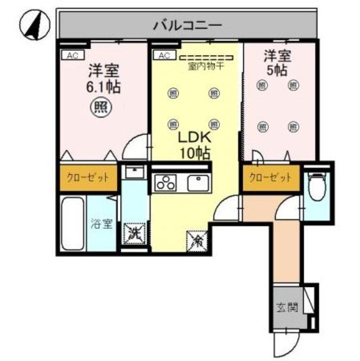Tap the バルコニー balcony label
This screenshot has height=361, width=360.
(x=187, y=25)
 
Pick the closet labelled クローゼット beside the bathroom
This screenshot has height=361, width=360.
(x=88, y=177)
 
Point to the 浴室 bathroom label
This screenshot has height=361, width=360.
(x=102, y=224)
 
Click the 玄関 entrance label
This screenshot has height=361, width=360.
(x=287, y=309)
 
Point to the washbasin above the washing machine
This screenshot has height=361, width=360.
(x=134, y=171)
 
